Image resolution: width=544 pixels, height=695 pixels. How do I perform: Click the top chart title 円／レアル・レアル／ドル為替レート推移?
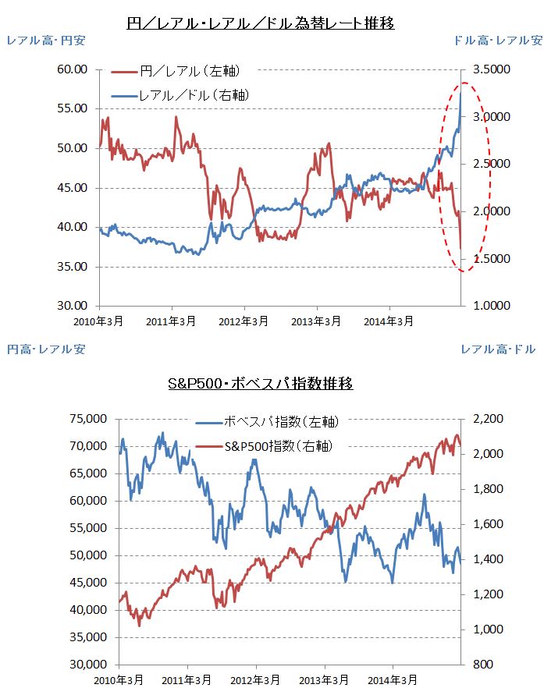tap(261, 23)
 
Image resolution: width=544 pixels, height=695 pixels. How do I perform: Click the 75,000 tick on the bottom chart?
tap(87, 419)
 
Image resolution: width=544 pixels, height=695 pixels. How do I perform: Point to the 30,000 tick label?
tap(87, 665)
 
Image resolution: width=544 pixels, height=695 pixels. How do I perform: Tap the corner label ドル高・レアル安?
tap(497, 39)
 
